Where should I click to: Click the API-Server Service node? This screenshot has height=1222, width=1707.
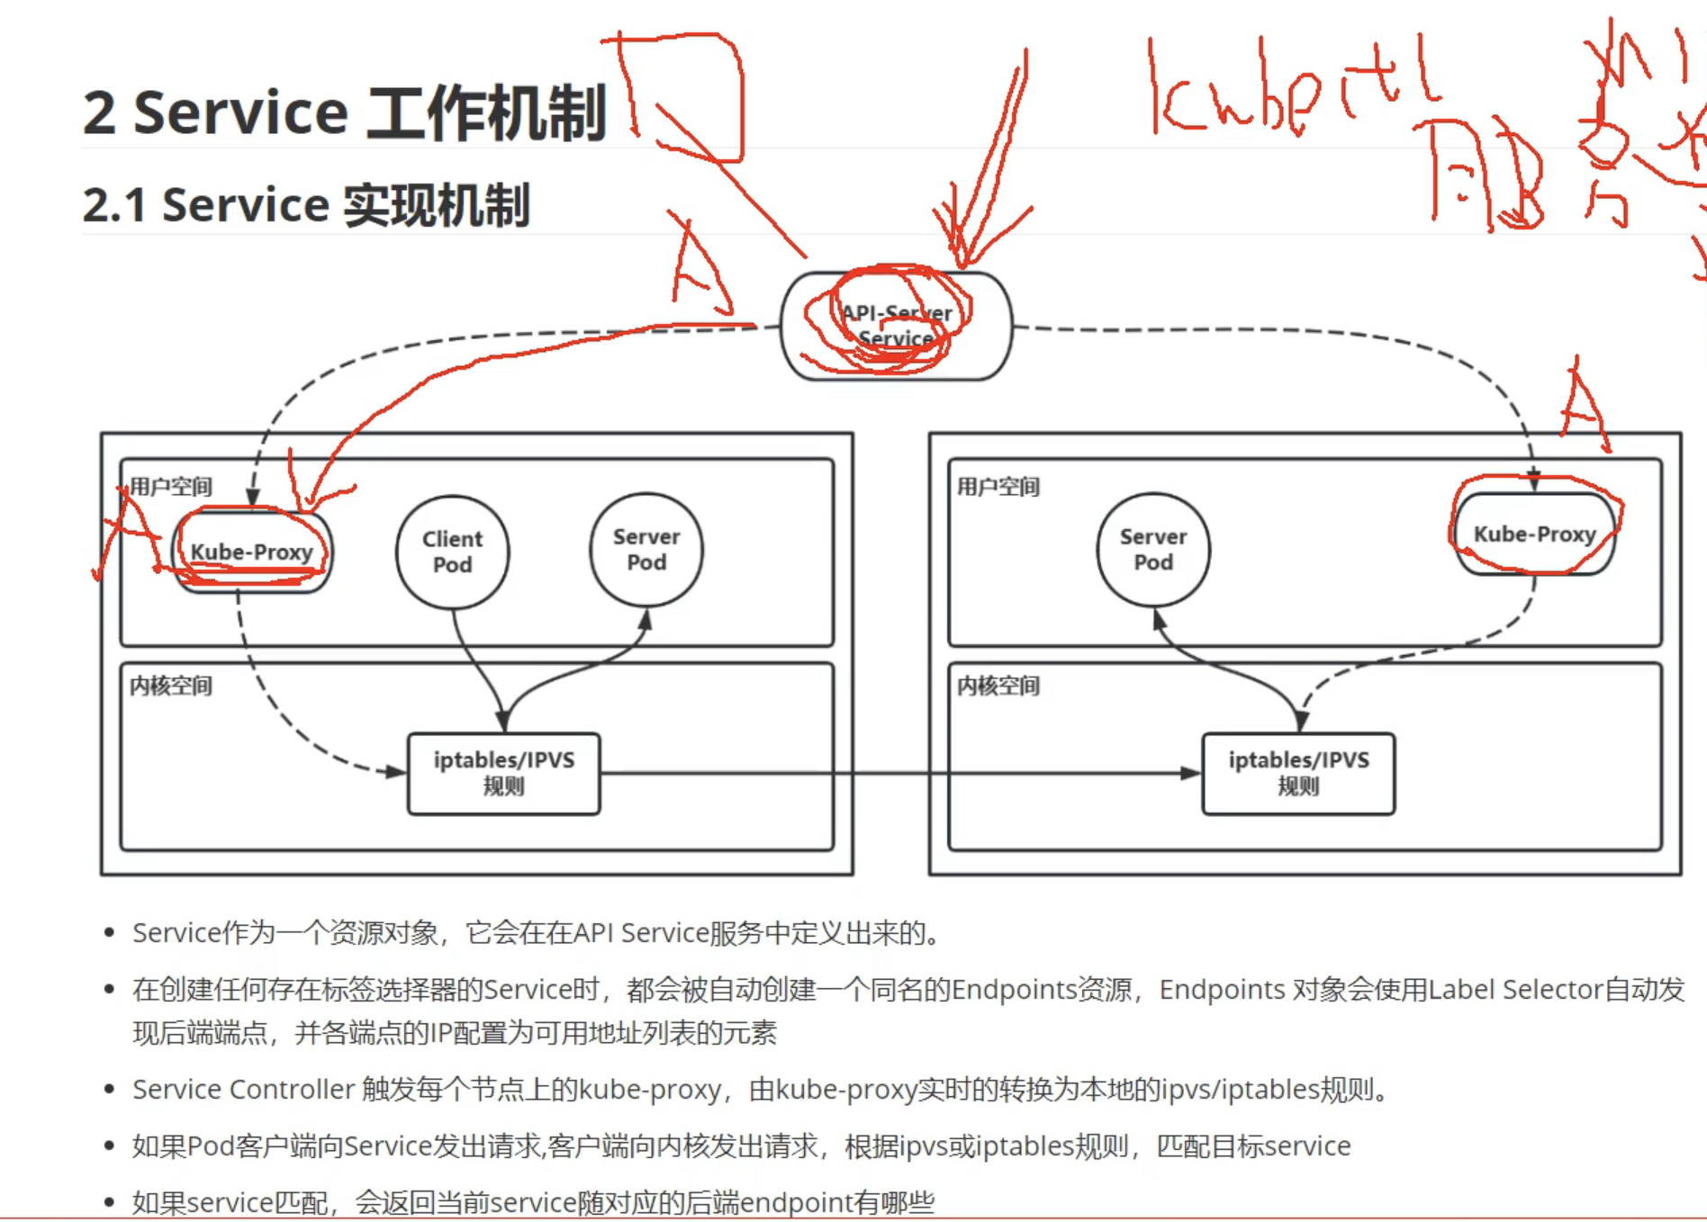click(x=896, y=326)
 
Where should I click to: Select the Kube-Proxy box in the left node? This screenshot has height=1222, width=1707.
click(x=251, y=552)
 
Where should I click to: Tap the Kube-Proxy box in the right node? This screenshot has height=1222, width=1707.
click(x=1534, y=534)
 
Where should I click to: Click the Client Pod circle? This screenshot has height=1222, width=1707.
click(x=452, y=552)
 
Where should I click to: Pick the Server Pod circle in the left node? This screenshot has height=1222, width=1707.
click(x=646, y=549)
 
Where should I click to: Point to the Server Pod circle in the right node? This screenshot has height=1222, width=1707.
click(x=1153, y=549)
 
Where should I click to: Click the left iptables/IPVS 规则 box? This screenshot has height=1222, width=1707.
click(x=503, y=773)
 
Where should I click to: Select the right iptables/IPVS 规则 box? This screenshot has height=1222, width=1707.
click(x=1298, y=773)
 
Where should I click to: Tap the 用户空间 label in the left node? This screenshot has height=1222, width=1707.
click(x=171, y=487)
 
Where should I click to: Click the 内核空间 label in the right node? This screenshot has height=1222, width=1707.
click(x=998, y=686)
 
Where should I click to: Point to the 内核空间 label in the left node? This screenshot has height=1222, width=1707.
click(x=171, y=686)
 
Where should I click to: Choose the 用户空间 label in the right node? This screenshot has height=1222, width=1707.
click(x=998, y=487)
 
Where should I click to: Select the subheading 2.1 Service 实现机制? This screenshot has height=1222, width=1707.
click(x=306, y=205)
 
